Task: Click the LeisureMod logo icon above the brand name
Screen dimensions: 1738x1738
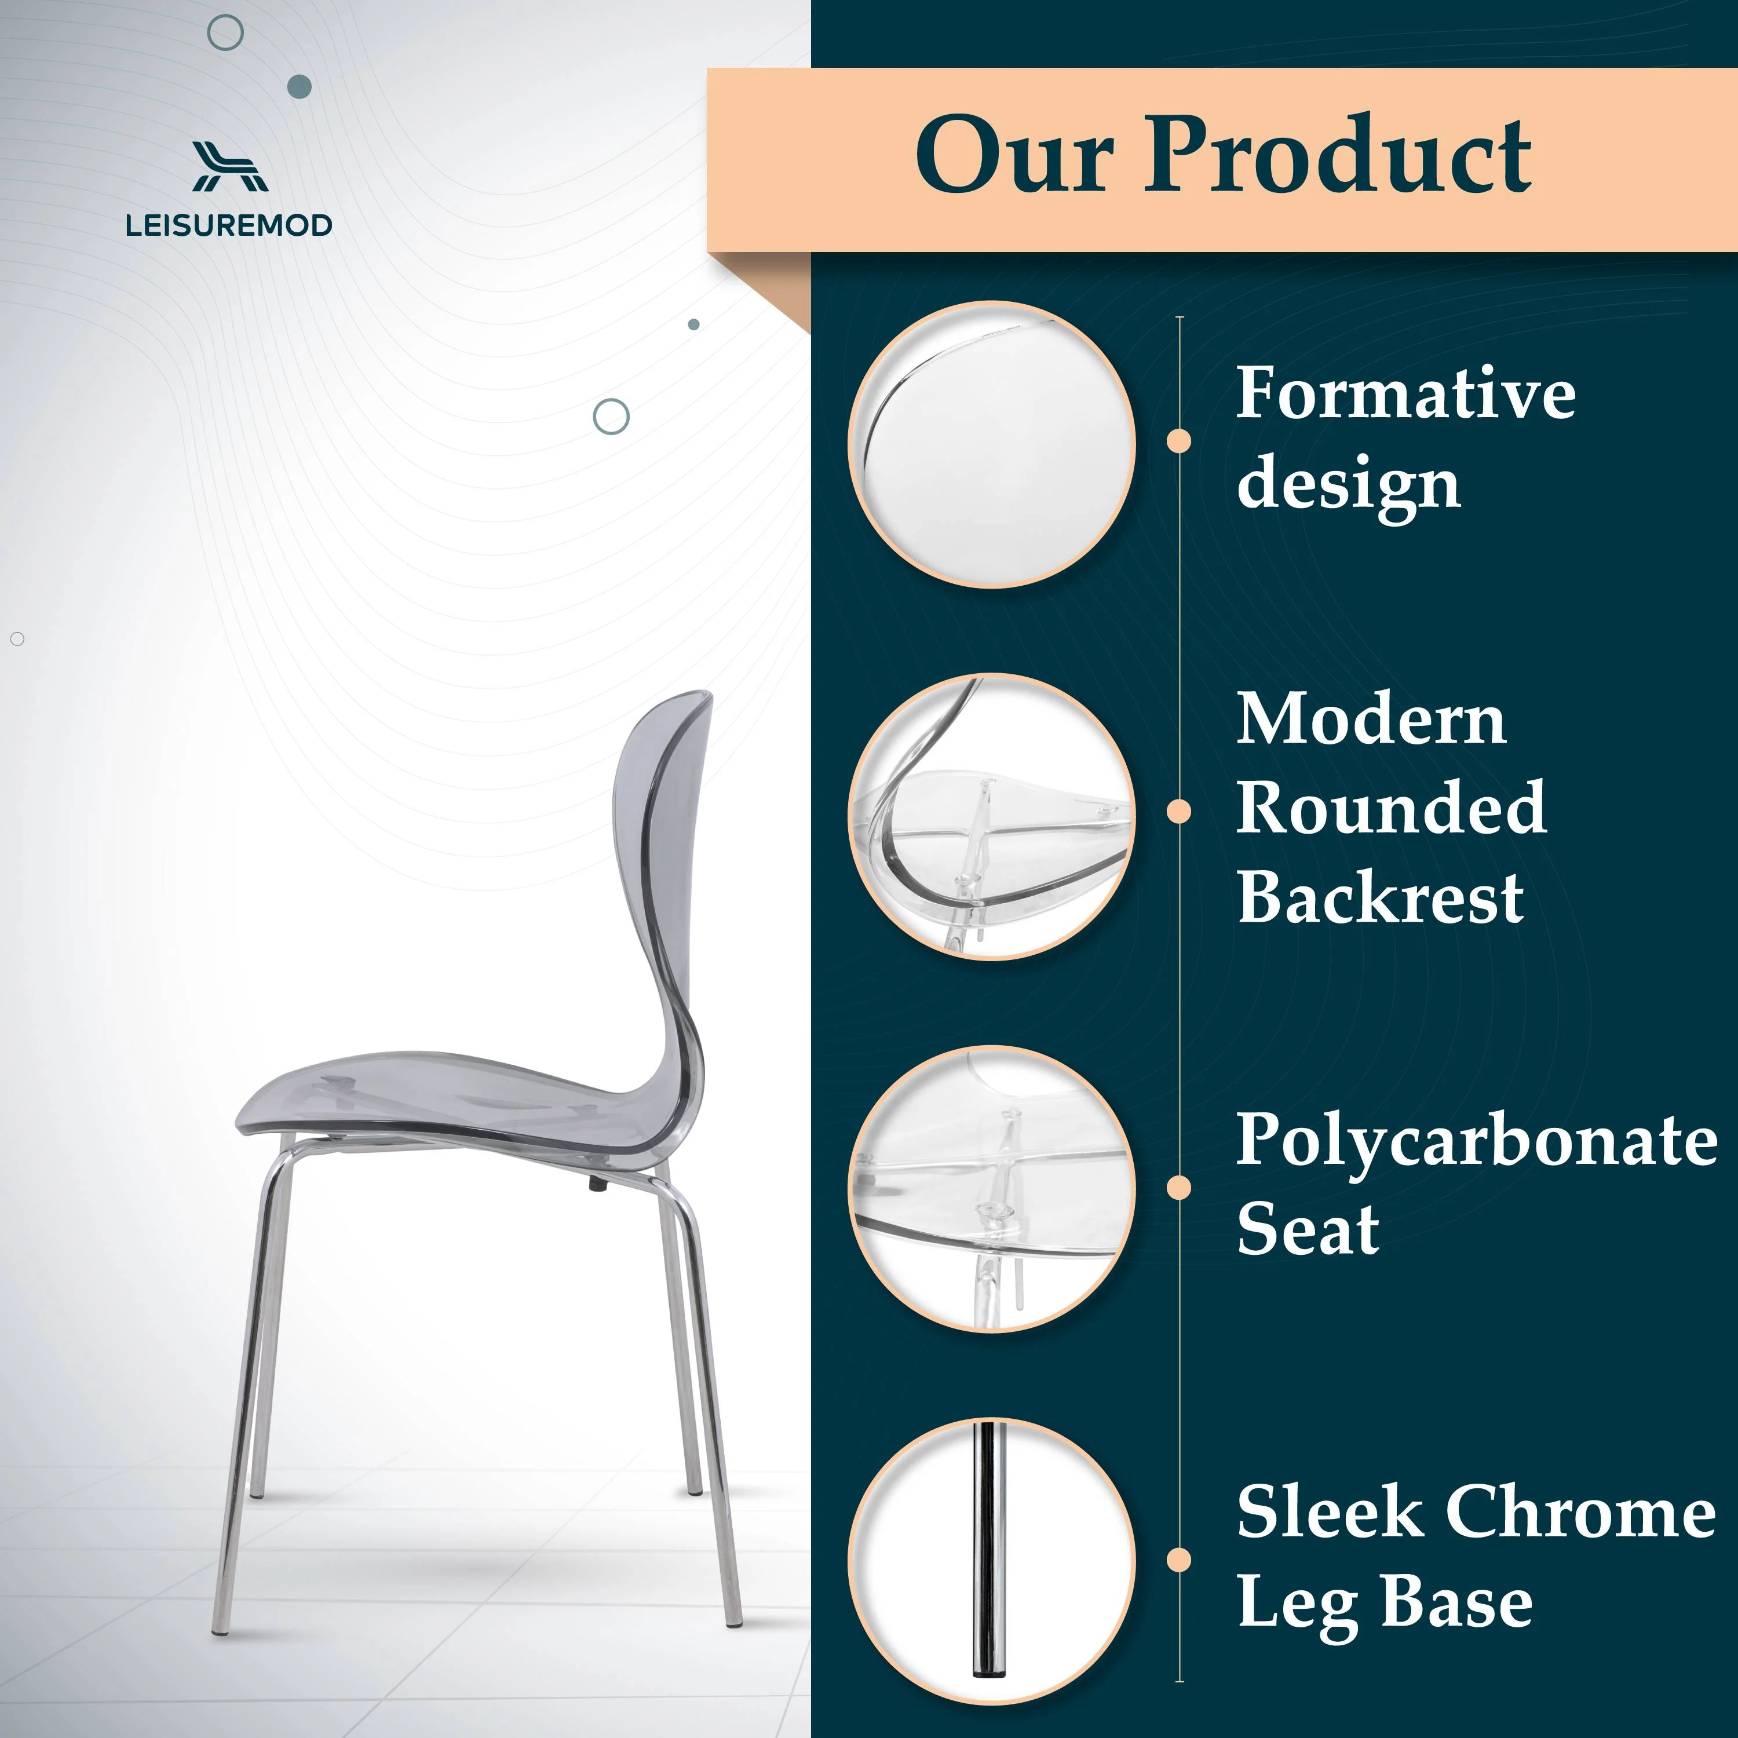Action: point(231,166)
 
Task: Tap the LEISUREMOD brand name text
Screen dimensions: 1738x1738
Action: point(229,225)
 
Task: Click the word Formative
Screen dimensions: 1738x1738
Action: point(1405,393)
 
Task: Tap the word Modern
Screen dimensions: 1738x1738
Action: point(1371,720)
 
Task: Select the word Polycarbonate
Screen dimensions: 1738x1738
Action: point(1477,1141)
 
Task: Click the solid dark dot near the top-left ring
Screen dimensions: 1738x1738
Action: point(300,86)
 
